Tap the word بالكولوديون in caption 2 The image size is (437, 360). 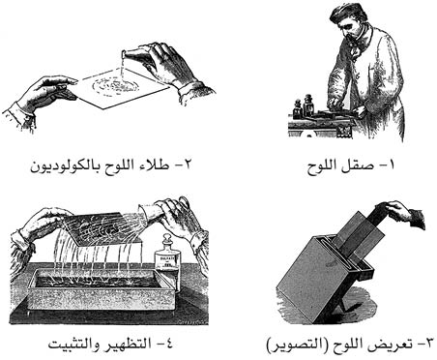pos(65,166)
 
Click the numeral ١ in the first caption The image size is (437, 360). pos(392,165)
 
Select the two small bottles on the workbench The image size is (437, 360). pos(303,105)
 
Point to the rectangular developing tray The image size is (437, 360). pos(102,288)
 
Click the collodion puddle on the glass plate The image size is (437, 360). pos(115,85)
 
